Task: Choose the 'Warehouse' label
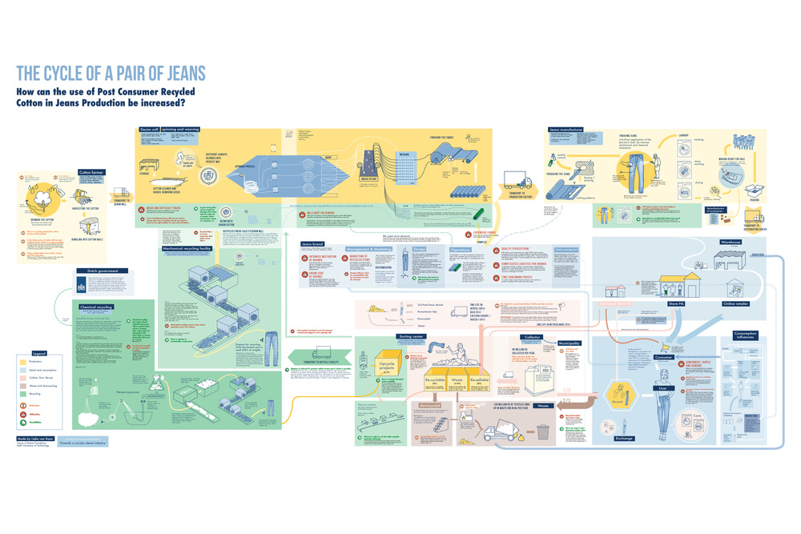(731, 241)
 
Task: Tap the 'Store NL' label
(675, 303)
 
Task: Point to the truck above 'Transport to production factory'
(517, 183)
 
